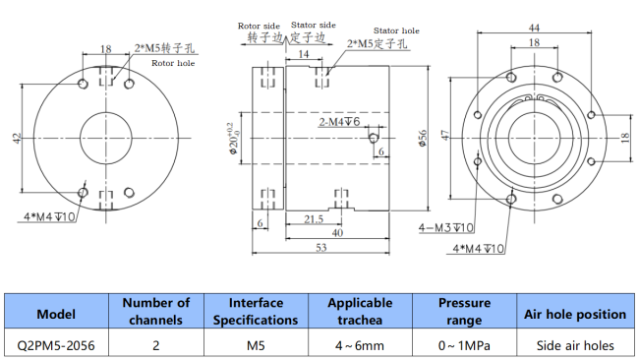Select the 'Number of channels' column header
click(x=155, y=312)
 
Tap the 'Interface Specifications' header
click(x=256, y=312)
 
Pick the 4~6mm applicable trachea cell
click(x=360, y=344)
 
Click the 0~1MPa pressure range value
click(x=463, y=344)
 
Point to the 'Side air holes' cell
click(x=575, y=344)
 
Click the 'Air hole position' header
click(x=575, y=314)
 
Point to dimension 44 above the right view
click(x=533, y=27)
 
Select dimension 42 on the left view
click(x=18, y=139)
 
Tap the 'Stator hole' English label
click(x=399, y=30)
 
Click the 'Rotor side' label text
click(x=260, y=26)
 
